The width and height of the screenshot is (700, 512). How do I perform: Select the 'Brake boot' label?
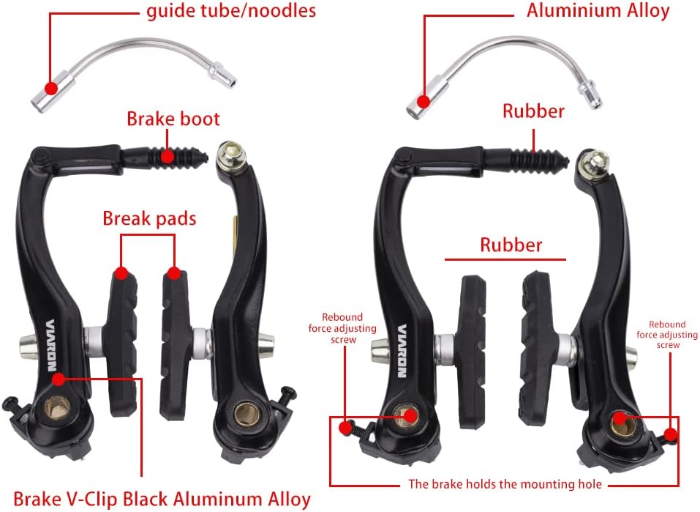pos(173,119)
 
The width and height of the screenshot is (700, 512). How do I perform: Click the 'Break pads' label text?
pos(148,218)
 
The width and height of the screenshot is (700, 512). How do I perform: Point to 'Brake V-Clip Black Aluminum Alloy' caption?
pos(162,499)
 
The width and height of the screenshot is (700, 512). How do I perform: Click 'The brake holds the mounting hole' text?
pos(505,483)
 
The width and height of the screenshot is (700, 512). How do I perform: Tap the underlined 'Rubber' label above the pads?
pos(511,244)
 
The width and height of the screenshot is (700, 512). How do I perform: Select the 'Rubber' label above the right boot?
pos(532,111)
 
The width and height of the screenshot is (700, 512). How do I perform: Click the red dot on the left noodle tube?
pos(50,88)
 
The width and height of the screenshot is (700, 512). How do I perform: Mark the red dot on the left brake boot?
pos(168,155)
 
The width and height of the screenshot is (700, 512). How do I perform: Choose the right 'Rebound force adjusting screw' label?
pos(666,334)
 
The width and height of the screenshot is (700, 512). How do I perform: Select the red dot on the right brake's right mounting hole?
pos(619,419)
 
